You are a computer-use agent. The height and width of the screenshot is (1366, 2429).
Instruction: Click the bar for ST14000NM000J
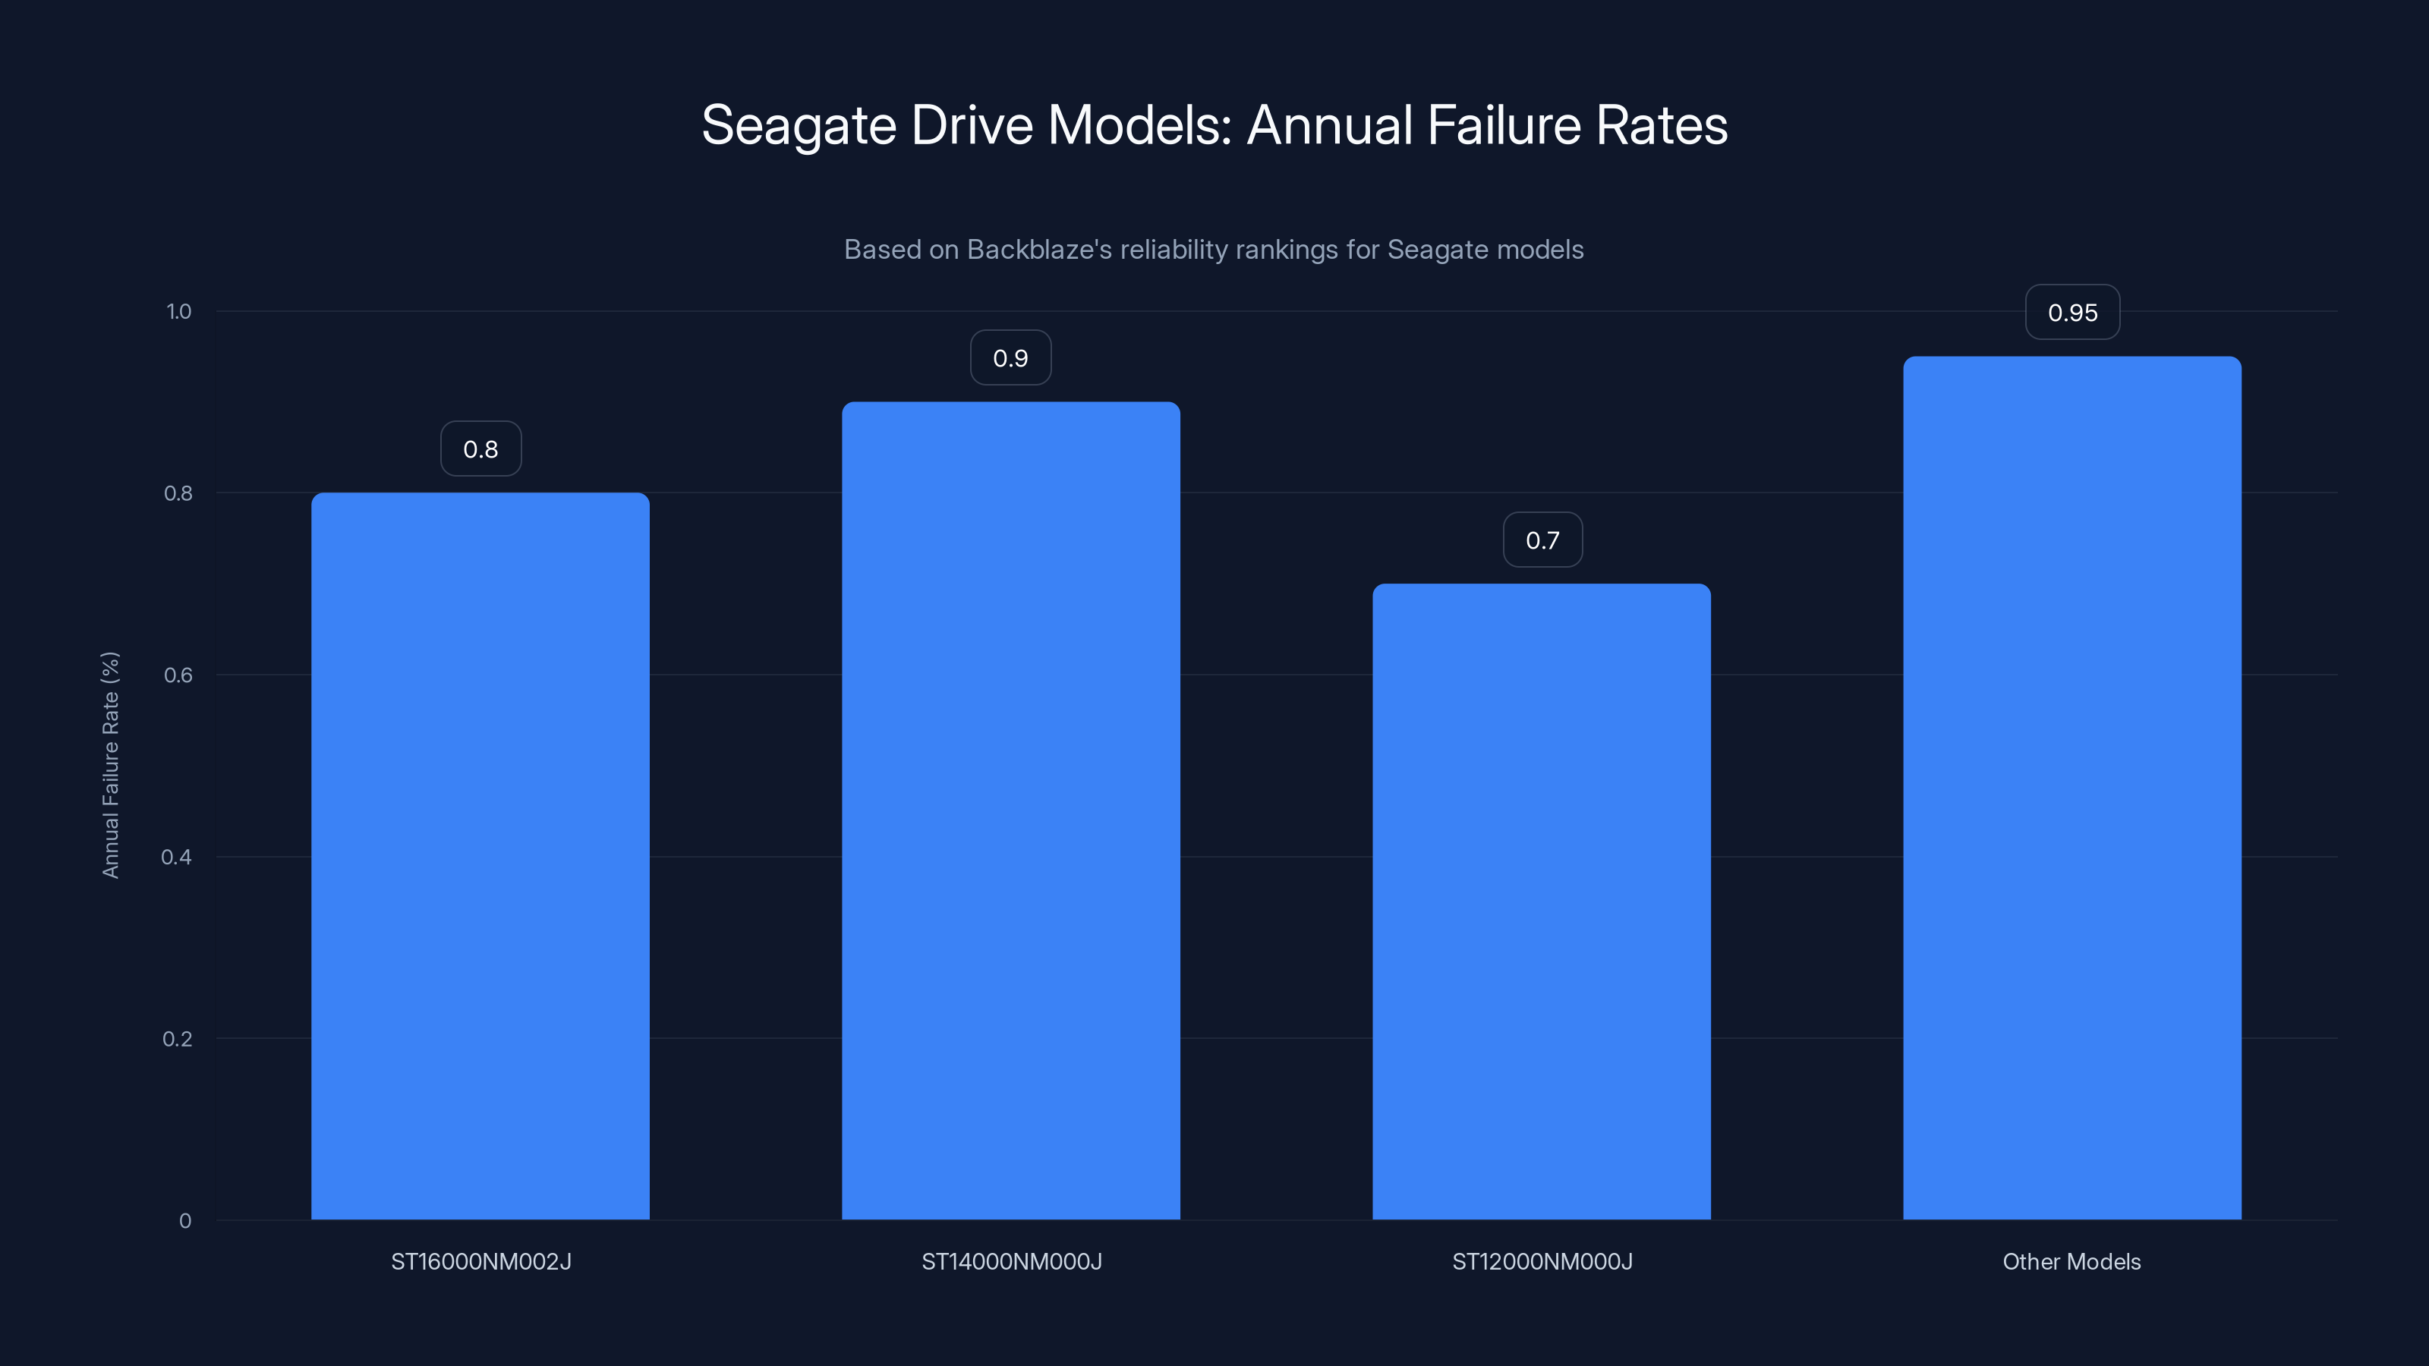point(1011,810)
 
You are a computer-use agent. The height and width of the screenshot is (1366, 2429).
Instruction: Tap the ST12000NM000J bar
point(1542,902)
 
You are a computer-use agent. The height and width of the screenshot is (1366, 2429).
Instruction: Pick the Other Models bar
point(2071,788)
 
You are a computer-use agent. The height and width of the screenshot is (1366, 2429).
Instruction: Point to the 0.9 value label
point(1011,358)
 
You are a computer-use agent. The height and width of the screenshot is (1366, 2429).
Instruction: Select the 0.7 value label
point(1542,540)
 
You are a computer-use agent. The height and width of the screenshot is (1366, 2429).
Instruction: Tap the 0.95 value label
point(2071,313)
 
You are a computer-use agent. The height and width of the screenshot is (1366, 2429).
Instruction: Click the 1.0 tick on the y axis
point(178,312)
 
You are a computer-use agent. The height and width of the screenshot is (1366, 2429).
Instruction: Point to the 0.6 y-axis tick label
point(178,675)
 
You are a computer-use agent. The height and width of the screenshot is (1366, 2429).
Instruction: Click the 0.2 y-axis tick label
point(178,1039)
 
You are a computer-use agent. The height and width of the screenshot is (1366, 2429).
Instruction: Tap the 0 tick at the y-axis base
point(184,1221)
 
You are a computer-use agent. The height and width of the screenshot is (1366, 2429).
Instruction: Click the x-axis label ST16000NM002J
point(481,1261)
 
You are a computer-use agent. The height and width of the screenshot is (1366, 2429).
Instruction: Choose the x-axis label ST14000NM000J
point(1011,1261)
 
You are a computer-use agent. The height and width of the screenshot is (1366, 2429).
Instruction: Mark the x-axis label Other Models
point(2071,1261)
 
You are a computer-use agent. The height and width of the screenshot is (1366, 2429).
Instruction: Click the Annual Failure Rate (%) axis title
point(110,764)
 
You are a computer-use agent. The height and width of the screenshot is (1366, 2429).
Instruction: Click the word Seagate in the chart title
point(798,125)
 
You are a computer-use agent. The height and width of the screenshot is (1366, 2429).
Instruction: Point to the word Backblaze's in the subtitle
point(1039,250)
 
